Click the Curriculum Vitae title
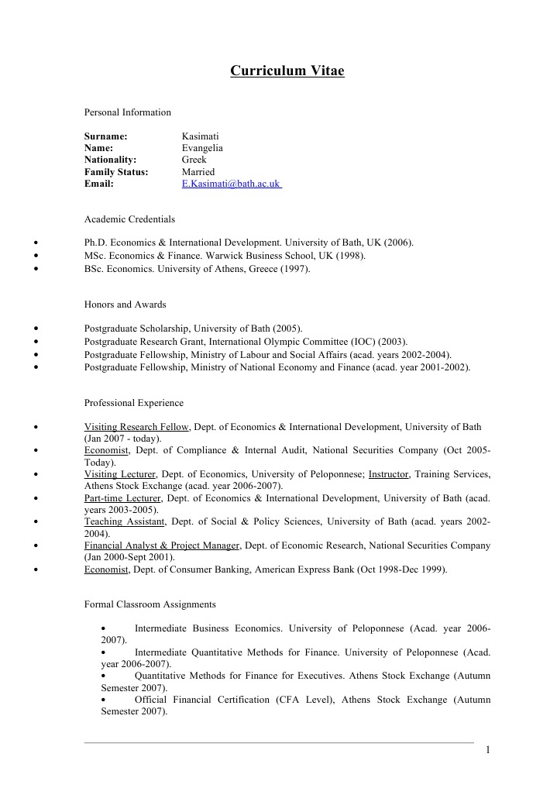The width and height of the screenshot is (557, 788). point(287,71)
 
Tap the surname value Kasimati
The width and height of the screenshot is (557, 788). point(200,136)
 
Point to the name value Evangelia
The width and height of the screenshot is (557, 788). point(202,147)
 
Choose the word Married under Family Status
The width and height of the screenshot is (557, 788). point(198,172)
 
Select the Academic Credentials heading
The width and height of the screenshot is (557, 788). point(129,219)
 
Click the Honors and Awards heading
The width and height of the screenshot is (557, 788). point(125,305)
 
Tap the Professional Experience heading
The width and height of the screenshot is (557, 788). point(134,403)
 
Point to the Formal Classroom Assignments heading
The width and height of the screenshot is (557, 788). point(150,604)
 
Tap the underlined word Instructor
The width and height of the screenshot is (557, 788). point(389,474)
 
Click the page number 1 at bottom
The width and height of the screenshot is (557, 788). point(488,749)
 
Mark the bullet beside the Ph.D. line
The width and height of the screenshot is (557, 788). point(37,243)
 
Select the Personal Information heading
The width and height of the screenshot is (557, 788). point(128,112)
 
